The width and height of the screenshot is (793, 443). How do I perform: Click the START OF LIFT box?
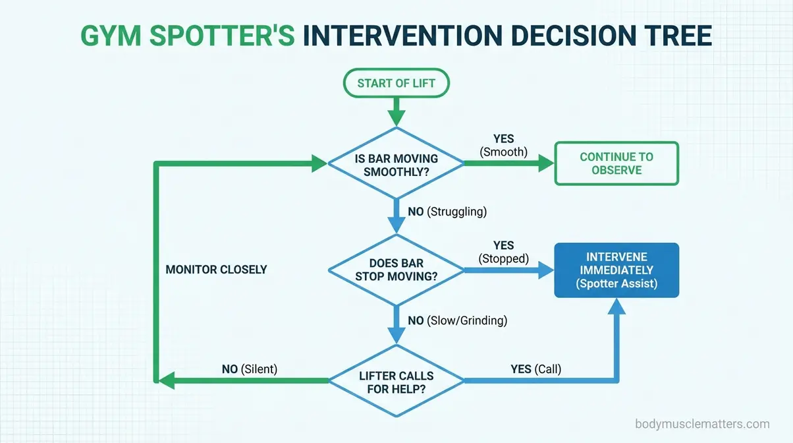coord(396,83)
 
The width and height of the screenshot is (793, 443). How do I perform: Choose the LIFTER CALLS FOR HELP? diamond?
coord(396,382)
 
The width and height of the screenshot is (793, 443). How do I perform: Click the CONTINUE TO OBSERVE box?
coord(616,163)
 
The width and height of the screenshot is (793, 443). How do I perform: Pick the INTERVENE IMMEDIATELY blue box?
coord(616,270)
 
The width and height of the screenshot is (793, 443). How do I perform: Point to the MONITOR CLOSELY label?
coord(216,270)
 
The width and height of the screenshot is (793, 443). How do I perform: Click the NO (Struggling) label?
coord(447,212)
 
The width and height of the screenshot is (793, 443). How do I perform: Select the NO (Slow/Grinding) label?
coord(457,321)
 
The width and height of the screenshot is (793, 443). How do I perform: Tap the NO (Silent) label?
coord(250,369)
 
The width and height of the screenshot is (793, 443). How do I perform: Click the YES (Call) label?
coord(535,369)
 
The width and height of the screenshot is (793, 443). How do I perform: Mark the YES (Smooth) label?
coord(503,146)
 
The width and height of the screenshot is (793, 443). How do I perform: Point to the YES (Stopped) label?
coord(503,252)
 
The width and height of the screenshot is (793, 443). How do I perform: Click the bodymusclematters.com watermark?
coord(702,424)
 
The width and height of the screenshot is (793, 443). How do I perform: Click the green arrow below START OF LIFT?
coord(396,110)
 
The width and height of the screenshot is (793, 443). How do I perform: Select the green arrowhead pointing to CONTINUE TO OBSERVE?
coord(546,164)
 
